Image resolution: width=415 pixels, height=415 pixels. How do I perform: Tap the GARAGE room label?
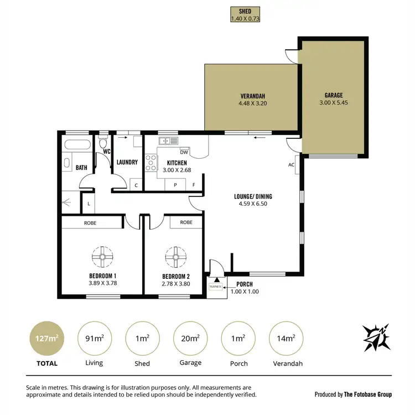(334, 95)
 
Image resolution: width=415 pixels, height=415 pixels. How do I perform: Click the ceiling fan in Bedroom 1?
(102, 257)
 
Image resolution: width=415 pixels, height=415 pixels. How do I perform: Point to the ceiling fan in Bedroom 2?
(176, 257)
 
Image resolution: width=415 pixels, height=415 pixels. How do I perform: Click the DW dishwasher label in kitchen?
(184, 152)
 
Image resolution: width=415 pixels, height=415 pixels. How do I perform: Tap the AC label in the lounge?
(291, 165)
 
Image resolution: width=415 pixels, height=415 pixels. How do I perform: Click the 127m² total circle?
(46, 338)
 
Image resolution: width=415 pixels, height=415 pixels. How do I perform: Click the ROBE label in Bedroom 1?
(91, 222)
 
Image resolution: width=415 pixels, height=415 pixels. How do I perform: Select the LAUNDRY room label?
(127, 162)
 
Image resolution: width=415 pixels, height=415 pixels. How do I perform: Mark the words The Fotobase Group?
(368, 395)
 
